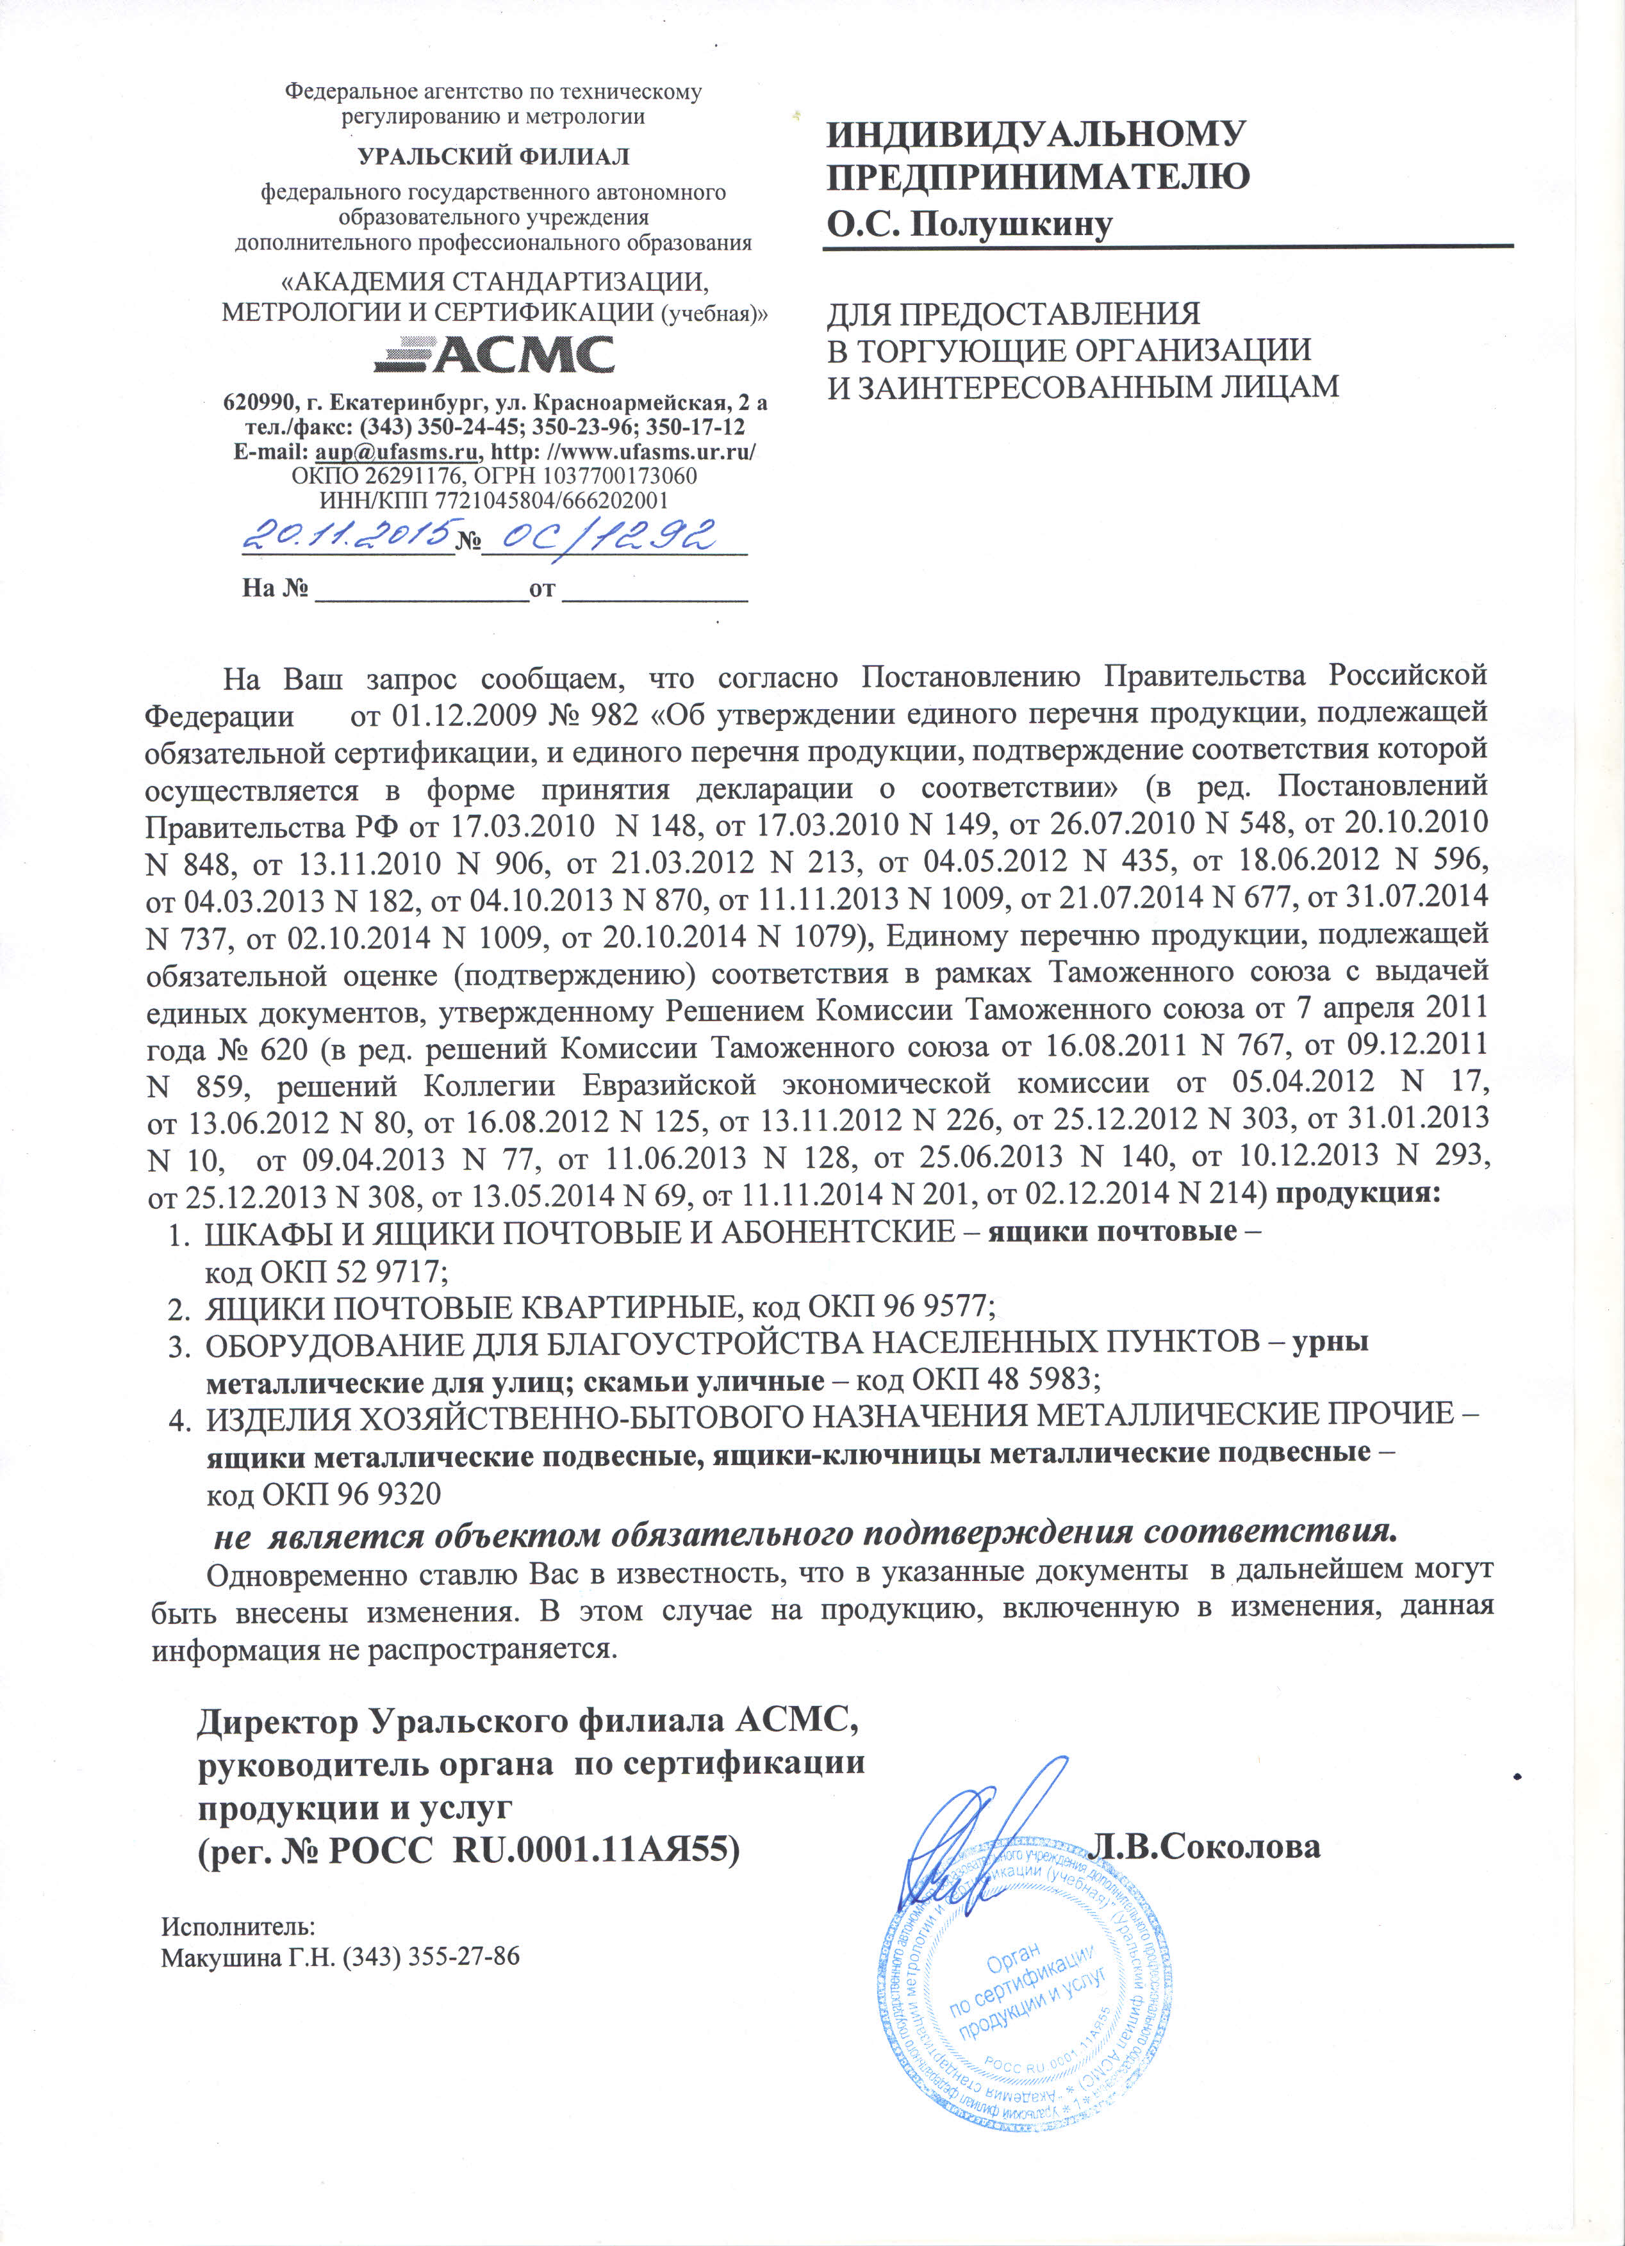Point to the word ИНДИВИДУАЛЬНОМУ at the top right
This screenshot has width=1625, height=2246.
click(1035, 134)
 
